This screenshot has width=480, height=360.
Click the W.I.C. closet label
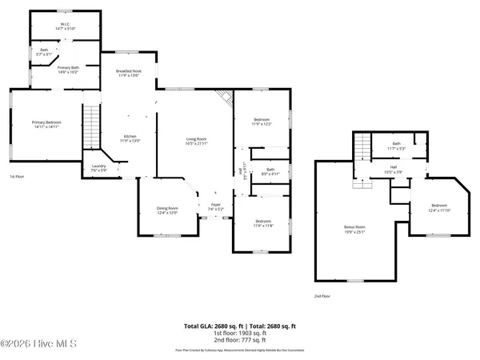click(66, 26)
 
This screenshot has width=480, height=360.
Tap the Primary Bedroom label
click(46, 124)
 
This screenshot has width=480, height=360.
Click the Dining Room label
click(167, 210)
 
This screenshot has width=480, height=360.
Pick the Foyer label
click(216, 206)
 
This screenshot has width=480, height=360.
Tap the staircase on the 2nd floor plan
click(363, 147)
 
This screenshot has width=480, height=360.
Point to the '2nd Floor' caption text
click(323, 295)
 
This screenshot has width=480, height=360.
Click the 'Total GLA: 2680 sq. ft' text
click(211, 326)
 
